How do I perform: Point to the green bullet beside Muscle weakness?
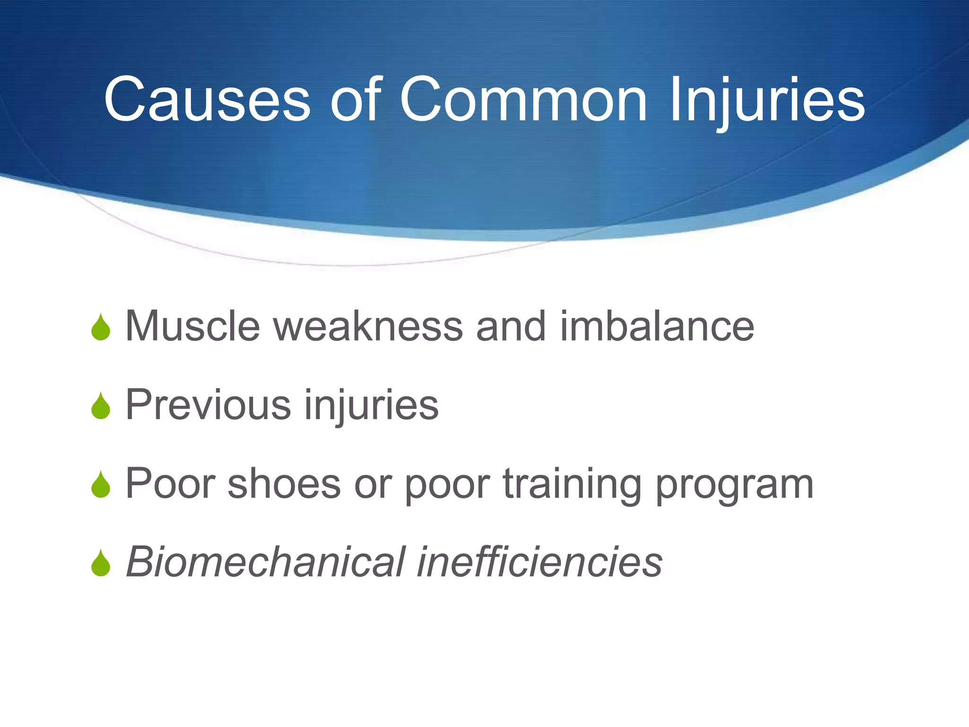coord(101,328)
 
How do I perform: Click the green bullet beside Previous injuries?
coord(101,407)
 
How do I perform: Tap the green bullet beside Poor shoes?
coord(101,486)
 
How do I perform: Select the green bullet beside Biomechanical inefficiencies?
coord(101,564)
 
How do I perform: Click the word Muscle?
coord(193,327)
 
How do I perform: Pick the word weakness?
coord(368,327)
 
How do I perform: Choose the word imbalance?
coord(657,327)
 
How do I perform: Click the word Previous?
coord(208,405)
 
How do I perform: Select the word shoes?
coord(284,484)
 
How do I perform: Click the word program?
coord(734,486)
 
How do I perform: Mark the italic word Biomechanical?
coord(266,562)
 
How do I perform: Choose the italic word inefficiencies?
coord(539,562)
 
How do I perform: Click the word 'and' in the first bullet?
coord(511,327)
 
